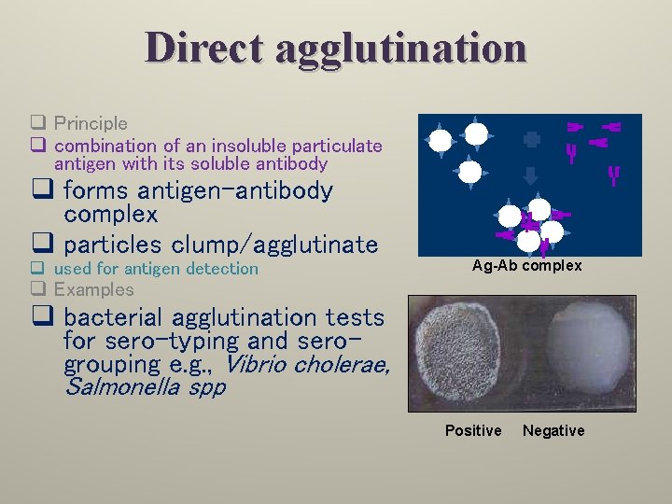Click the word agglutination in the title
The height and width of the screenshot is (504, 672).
pyautogui.click(x=400, y=49)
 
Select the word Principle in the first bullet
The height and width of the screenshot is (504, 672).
pyautogui.click(x=91, y=123)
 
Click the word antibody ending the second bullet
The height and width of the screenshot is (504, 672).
pyautogui.click(x=290, y=164)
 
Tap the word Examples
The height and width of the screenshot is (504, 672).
pyautogui.click(x=93, y=289)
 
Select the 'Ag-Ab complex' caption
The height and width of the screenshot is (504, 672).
pyautogui.click(x=526, y=266)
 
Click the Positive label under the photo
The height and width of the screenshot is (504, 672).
pyautogui.click(x=472, y=430)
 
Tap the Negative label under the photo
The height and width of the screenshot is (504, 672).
pyautogui.click(x=553, y=430)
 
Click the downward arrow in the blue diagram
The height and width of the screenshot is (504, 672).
pyautogui.click(x=530, y=175)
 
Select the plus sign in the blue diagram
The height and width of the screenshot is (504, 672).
pyautogui.click(x=531, y=139)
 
